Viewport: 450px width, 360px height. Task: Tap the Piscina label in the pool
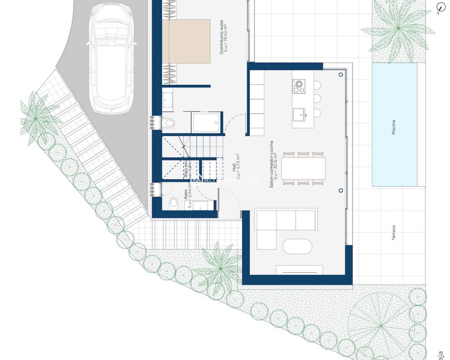coord(394,127)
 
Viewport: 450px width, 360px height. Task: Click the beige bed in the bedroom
coord(186,41)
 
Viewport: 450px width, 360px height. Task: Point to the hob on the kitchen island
coord(298,86)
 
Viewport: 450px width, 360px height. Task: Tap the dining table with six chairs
coord(303,168)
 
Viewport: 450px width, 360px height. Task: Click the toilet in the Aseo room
coord(173,203)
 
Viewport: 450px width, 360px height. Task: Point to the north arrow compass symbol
coord(440,8)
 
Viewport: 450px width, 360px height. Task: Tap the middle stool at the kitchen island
coord(317,98)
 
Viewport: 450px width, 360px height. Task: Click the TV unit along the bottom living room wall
coord(299,270)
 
